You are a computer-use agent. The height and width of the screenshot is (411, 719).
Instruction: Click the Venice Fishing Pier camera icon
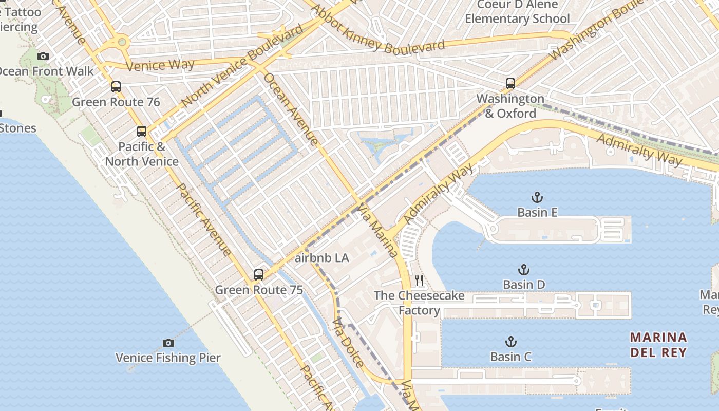168,343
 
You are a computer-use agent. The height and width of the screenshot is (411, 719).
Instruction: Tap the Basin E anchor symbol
537,197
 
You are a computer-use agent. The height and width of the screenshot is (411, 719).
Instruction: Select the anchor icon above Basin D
523,270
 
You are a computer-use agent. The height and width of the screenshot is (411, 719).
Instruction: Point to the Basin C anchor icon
510,342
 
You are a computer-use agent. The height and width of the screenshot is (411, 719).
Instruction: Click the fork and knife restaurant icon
420,281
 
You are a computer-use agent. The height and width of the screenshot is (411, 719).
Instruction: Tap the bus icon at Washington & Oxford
510,83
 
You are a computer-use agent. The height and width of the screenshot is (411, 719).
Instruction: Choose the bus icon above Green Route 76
116,87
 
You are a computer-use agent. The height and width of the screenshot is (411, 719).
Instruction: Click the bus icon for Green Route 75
259,275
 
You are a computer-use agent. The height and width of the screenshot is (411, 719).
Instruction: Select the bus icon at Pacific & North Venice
142,132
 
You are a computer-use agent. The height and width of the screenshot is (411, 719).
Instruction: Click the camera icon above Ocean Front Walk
43,56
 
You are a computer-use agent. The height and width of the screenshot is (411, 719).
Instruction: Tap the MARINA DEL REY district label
658,345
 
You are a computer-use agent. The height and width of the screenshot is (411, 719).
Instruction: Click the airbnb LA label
322,258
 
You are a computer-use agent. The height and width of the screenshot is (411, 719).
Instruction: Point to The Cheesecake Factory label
419,303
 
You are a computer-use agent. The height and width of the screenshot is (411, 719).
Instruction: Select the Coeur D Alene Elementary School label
517,12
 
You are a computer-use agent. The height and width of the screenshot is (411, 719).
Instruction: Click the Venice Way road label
160,65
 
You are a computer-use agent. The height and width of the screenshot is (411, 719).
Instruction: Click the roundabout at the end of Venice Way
122,42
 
